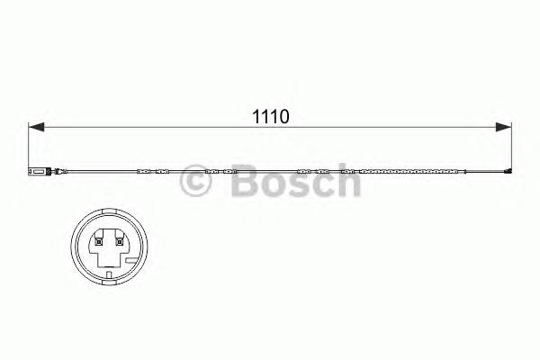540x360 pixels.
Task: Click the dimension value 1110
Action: click(267, 116)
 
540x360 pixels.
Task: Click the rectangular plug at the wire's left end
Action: click(35, 169)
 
